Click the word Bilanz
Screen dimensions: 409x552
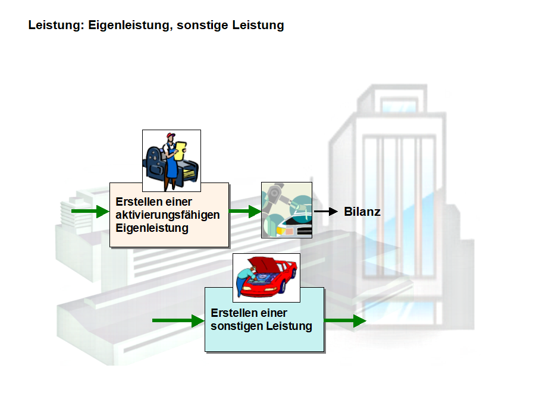coord(362,212)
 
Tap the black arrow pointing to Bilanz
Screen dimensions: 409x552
coord(325,212)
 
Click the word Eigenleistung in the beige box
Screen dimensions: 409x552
coord(152,228)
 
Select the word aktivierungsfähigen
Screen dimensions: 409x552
coord(168,215)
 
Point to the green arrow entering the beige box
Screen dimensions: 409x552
coord(90,211)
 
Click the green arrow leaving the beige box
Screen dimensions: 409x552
coord(245,211)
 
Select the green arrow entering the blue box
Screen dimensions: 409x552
coord(178,321)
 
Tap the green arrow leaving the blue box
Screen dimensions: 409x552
coord(345,321)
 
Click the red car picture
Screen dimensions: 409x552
coord(266,278)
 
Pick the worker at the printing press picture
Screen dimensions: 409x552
coord(171,161)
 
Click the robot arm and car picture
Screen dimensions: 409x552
coord(287,210)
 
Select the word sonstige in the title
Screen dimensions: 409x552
coord(200,26)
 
